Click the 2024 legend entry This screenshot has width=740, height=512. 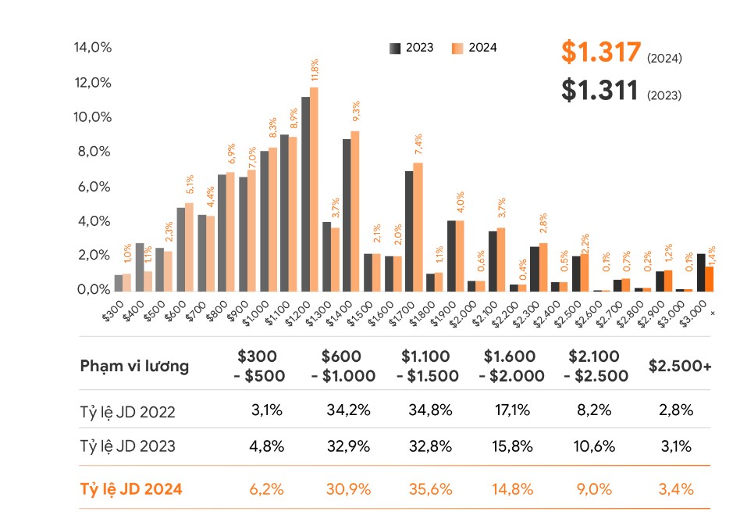pyautogui.click(x=475, y=48)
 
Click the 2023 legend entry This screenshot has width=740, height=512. pyautogui.click(x=411, y=48)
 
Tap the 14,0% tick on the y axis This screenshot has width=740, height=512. pyautogui.click(x=93, y=48)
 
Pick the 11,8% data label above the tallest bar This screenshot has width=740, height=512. pyautogui.click(x=315, y=70)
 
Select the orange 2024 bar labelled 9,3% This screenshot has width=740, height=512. pyautogui.click(x=355, y=211)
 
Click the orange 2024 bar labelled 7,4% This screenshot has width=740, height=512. pyautogui.click(x=418, y=227)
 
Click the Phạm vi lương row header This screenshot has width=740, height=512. pyautogui.click(x=134, y=367)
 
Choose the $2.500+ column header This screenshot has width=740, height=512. pyautogui.click(x=680, y=366)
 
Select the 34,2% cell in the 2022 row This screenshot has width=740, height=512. pyautogui.click(x=348, y=410)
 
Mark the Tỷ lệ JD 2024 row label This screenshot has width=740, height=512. pyautogui.click(x=131, y=489)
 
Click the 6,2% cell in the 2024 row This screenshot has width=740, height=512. pyautogui.click(x=266, y=489)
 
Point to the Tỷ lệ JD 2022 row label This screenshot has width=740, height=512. pyautogui.click(x=127, y=411)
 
